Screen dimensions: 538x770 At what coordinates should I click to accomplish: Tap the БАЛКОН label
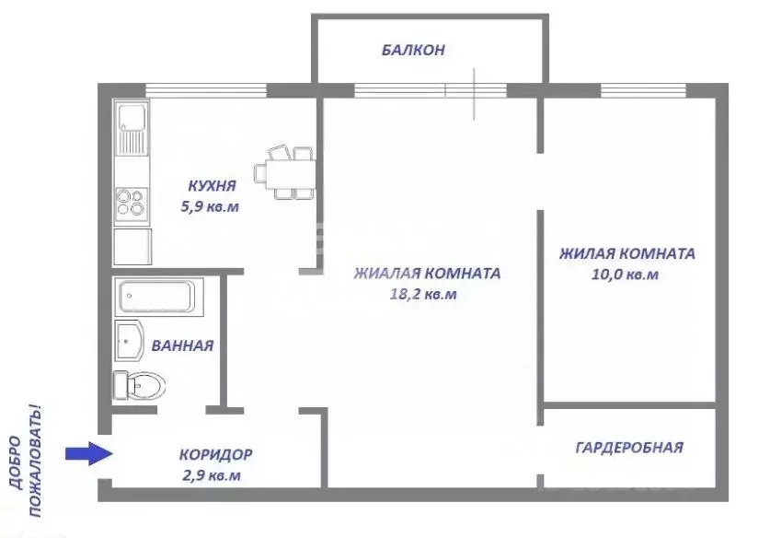pos(413,51)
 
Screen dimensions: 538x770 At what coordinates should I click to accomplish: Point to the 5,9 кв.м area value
pos(210,206)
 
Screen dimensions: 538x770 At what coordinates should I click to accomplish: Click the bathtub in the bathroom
pos(155,298)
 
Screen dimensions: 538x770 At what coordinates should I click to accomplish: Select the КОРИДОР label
pos(216,454)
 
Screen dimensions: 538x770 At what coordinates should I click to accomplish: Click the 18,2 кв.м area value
pos(424,295)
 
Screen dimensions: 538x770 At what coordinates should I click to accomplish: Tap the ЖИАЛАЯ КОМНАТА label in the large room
pos(427,274)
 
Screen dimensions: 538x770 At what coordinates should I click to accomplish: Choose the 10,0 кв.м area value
pos(626,275)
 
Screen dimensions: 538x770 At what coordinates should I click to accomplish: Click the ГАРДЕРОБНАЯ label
pos(629,448)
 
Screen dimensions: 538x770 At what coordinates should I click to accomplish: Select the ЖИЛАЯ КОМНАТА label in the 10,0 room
pos(626,253)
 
